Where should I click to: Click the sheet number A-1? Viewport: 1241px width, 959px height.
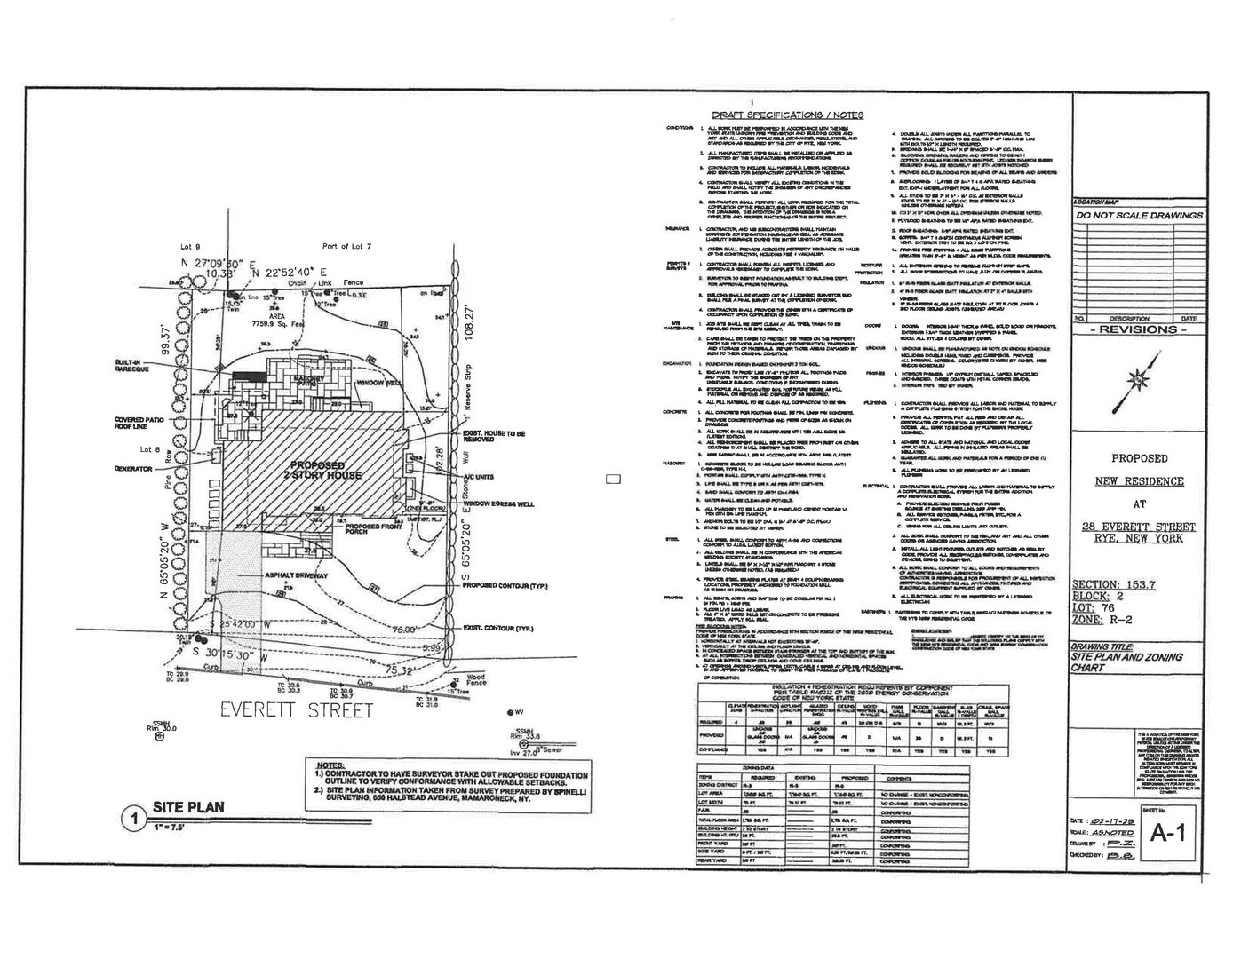[1172, 832]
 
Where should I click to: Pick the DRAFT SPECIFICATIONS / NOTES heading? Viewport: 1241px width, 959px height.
[787, 115]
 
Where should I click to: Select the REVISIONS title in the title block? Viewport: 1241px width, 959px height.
[1141, 329]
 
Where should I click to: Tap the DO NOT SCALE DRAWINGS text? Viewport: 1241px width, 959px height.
[1139, 216]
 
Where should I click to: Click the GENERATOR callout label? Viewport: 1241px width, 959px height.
[132, 468]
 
